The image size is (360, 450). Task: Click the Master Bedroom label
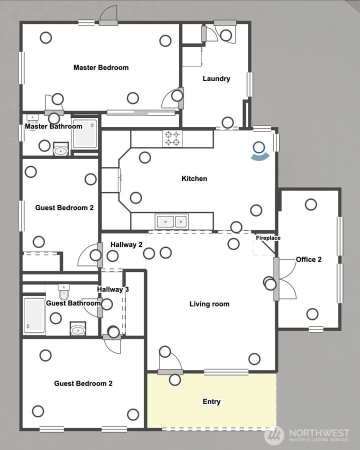pyautogui.click(x=100, y=67)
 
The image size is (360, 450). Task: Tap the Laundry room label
pyautogui.click(x=216, y=78)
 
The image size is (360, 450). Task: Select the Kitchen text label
pyautogui.click(x=194, y=178)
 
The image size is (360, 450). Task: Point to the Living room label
pyautogui.click(x=209, y=303)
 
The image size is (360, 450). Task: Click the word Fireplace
pyautogui.click(x=268, y=238)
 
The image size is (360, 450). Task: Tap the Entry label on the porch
pyautogui.click(x=211, y=401)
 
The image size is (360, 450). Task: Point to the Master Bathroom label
pyautogui.click(x=53, y=126)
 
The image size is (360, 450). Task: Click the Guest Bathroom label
pyautogui.click(x=73, y=303)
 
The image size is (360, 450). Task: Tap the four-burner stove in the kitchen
pyautogui.click(x=172, y=138)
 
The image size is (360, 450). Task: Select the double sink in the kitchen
pyautogui.click(x=171, y=221)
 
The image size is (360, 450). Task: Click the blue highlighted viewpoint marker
pyautogui.click(x=259, y=148)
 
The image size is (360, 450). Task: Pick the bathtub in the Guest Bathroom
pyautogui.click(x=34, y=315)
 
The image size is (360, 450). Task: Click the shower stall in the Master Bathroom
pyautogui.click(x=85, y=134)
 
